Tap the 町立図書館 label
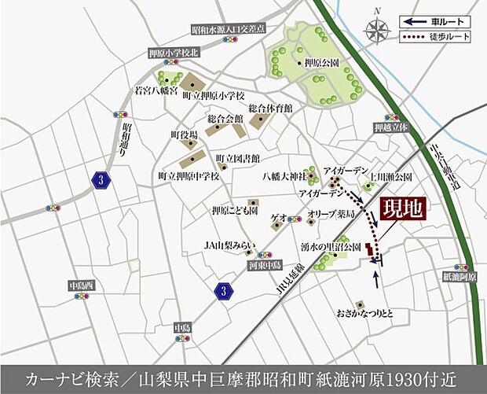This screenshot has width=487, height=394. point(237,156)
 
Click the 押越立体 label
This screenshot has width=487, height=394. point(391,126)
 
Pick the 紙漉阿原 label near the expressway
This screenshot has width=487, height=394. point(460,277)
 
